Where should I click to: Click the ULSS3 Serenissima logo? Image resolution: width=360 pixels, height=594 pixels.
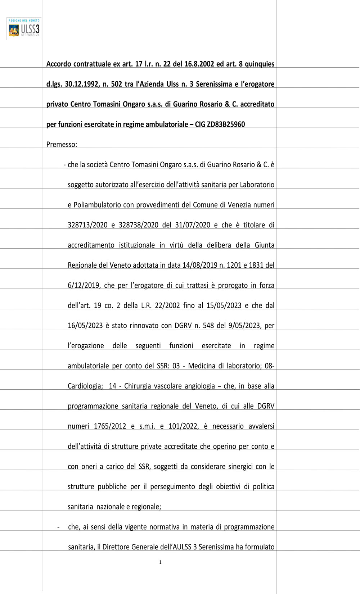click(x=24, y=29)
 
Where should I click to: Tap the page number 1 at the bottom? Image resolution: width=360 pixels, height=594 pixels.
click(x=160, y=562)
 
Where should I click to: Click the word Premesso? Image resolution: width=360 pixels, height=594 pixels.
click(x=61, y=145)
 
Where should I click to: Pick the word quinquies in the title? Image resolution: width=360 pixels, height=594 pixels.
click(x=259, y=64)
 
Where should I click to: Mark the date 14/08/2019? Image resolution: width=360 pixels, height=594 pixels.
click(x=200, y=266)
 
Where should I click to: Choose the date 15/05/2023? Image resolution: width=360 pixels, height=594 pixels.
click(x=224, y=306)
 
